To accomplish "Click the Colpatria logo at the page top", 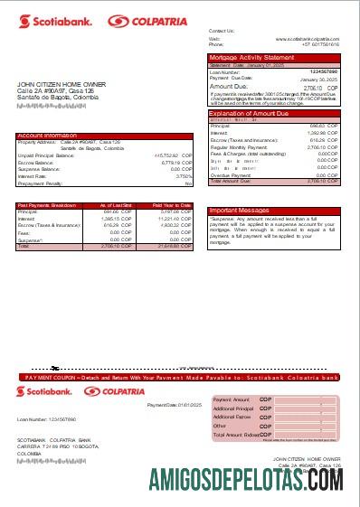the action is pyautogui.click(x=136, y=21).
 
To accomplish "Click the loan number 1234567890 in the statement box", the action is pyautogui.click(x=323, y=70).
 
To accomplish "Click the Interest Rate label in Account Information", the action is pyautogui.click(x=35, y=175).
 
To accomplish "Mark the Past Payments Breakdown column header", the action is pyautogui.click(x=46, y=205).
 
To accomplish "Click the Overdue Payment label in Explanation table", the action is pyautogui.click(x=231, y=174).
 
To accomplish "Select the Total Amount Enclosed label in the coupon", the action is pyautogui.click(x=237, y=435).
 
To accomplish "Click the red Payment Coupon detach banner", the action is pyautogui.click(x=180, y=376).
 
